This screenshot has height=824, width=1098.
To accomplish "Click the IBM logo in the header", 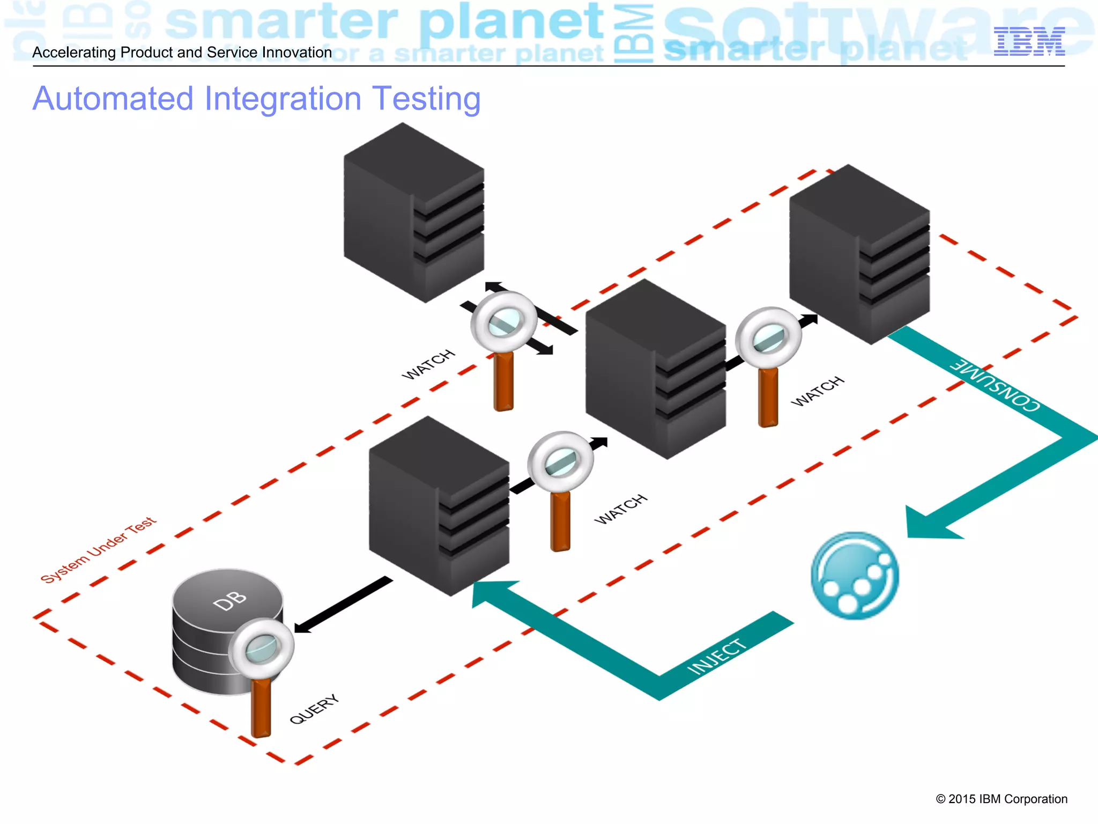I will click(x=1029, y=41).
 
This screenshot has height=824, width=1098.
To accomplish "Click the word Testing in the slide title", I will click(x=426, y=99).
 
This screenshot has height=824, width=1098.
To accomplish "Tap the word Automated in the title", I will click(x=113, y=99).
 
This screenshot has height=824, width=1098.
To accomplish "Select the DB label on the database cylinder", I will click(x=229, y=601).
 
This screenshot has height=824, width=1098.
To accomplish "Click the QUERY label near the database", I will click(x=314, y=709).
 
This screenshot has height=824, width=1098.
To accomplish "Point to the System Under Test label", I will click(x=99, y=550).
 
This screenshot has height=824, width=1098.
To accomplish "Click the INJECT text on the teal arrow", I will click(x=717, y=657).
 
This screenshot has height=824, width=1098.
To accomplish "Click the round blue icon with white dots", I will click(x=855, y=576).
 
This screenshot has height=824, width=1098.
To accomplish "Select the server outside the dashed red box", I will click(x=414, y=212).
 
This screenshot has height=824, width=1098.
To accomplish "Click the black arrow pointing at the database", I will click(x=343, y=605).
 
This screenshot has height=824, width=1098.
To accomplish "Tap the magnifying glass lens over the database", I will click(x=261, y=648).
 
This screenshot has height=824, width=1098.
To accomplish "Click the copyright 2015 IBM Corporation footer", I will click(x=1001, y=799).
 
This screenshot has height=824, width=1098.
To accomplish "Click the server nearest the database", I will click(x=439, y=506).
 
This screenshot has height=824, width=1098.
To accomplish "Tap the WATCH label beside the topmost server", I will click(x=428, y=364).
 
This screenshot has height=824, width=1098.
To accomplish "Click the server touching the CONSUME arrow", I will click(x=859, y=254).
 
